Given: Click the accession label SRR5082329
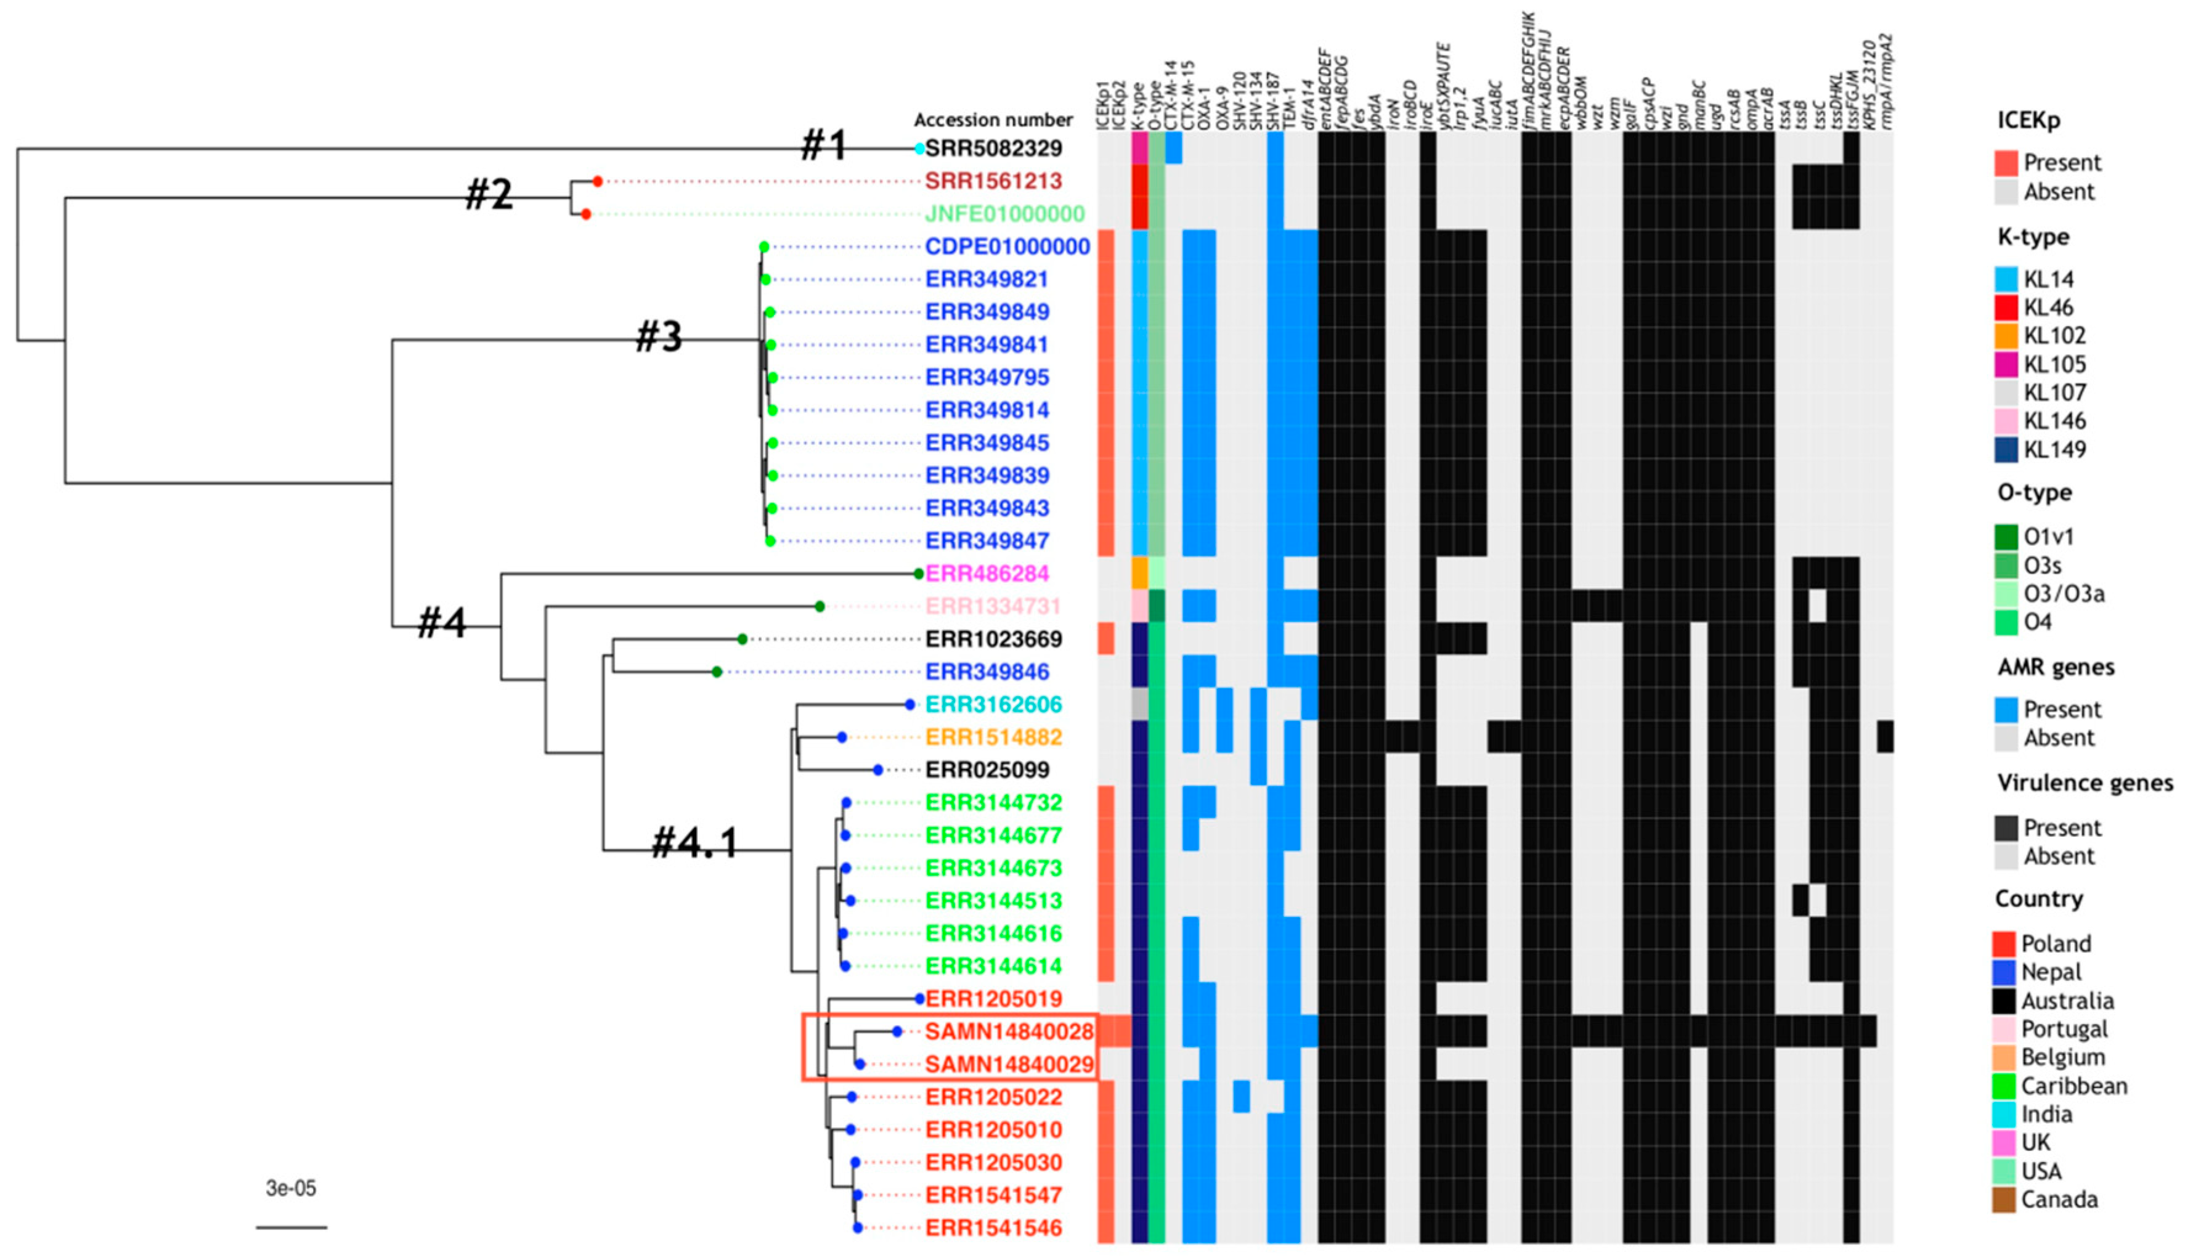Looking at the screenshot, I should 993,148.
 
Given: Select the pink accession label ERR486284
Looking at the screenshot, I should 987,573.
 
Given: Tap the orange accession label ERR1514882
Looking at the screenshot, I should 993,738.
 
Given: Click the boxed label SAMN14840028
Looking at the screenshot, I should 1009,1031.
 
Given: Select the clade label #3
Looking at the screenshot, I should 659,336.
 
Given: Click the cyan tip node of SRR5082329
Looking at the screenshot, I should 920,148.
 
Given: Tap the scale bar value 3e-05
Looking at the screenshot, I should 291,1189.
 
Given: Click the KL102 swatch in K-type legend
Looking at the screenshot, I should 2006,336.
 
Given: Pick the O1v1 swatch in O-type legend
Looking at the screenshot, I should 2006,537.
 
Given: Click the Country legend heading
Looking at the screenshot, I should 2038,899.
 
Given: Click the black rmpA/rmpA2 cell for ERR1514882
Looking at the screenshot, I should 1885,738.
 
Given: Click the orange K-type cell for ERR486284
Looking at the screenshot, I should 1139,573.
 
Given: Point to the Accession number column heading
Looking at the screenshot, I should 993,120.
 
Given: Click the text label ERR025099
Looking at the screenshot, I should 987,770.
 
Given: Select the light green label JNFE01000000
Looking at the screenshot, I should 1004,214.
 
